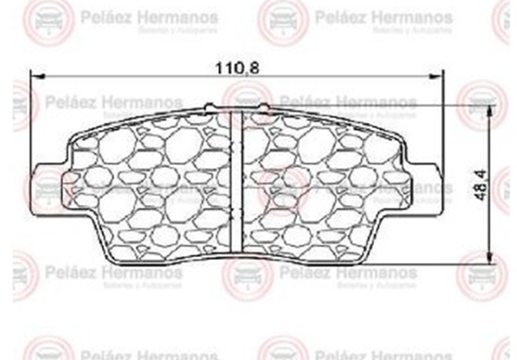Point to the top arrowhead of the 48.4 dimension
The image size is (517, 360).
point(489,111)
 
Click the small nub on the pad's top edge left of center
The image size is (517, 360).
point(212,106)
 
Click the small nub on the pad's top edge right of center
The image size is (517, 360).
point(264,106)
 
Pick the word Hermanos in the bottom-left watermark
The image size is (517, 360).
point(146,272)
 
